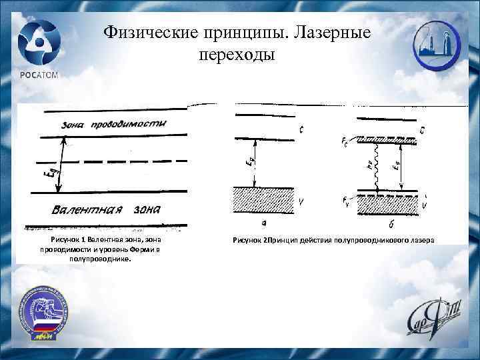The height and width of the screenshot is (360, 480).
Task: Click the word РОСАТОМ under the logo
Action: pyautogui.click(x=39, y=75)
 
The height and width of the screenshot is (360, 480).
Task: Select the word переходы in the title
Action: pyautogui.click(x=237, y=54)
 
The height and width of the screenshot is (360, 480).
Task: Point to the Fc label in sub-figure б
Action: pyautogui.click(x=344, y=141)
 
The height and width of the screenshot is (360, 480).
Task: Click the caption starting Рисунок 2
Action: pyautogui.click(x=333, y=239)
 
